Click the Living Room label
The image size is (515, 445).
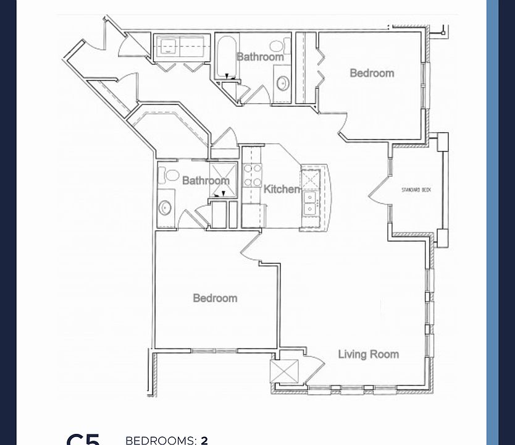(x=368, y=354)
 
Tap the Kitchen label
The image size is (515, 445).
(x=282, y=189)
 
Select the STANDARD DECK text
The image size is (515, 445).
(x=416, y=190)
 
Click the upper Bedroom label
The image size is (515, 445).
(x=372, y=73)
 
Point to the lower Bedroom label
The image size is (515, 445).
(x=215, y=298)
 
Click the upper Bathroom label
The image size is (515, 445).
(x=261, y=57)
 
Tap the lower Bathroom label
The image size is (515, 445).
(x=206, y=180)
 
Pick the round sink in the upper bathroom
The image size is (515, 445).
(x=283, y=83)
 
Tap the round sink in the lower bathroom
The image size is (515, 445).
(x=165, y=208)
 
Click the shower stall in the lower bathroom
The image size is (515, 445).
(x=222, y=179)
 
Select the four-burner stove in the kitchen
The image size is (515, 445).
(x=252, y=175)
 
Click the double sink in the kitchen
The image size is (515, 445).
(x=310, y=201)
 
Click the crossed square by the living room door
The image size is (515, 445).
(x=285, y=372)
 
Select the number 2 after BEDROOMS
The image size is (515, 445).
(x=204, y=441)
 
